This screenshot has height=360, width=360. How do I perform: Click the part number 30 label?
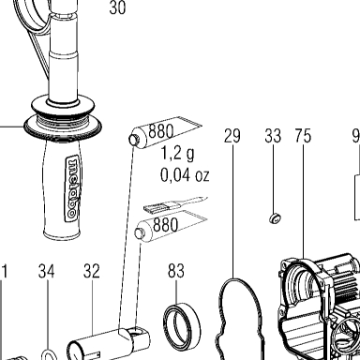click(117, 7)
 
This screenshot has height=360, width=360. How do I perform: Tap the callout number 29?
click(232, 136)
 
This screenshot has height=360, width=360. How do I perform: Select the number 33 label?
click(273, 136)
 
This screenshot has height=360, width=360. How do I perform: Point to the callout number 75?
click(303, 136)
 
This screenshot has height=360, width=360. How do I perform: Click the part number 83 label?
click(176, 271)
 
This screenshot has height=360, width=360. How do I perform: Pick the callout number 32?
click(92, 271)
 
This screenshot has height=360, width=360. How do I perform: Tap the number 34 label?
click(47, 271)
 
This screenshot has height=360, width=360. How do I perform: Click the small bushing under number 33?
click(275, 218)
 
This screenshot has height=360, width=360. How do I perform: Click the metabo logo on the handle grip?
click(72, 188)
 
